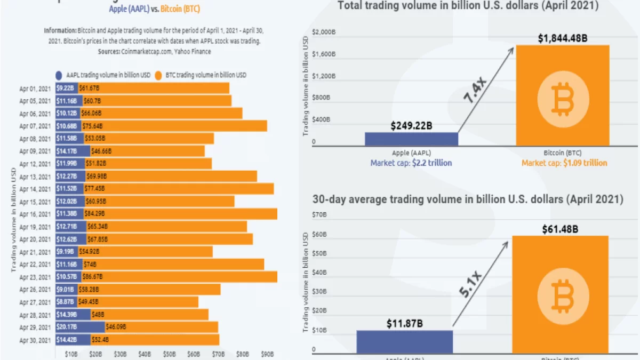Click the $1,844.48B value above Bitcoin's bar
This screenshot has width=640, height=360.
coord(563,38)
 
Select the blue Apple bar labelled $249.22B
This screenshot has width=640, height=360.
coord(411,139)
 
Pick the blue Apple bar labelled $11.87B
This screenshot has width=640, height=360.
coord(404,341)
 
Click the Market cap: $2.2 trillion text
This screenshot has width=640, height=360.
coord(411,163)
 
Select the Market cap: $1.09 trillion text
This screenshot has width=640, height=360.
coord(564,163)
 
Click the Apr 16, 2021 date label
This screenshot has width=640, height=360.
coord(35,214)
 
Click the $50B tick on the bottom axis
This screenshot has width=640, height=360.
coord(169,354)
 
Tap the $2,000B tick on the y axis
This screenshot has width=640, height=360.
coord(324,33)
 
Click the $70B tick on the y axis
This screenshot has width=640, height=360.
coord(320,215)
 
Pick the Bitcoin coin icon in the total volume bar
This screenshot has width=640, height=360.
coord(563,99)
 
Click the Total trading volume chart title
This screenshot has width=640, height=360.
coord(467,6)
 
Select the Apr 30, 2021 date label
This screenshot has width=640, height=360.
coord(35,340)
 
